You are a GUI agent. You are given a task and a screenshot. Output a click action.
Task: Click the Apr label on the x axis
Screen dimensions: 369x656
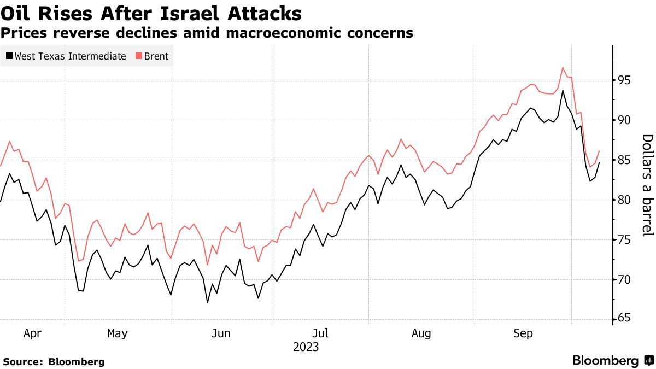click(32, 333)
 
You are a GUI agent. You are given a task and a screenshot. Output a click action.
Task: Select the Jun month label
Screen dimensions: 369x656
click(220, 333)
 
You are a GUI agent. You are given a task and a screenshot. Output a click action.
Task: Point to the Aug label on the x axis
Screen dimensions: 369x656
click(421, 333)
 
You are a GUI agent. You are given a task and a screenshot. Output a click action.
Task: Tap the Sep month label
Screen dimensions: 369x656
click(523, 333)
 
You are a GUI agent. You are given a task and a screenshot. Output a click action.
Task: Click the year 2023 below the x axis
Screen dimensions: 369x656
click(306, 347)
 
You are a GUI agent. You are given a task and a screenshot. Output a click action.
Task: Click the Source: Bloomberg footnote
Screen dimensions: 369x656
click(54, 361)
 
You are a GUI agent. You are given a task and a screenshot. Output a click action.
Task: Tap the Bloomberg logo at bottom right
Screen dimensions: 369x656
click(612, 361)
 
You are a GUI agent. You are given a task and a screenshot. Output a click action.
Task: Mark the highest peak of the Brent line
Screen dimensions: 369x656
click(563, 68)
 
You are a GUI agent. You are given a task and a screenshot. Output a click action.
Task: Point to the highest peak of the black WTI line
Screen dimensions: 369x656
click(563, 91)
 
